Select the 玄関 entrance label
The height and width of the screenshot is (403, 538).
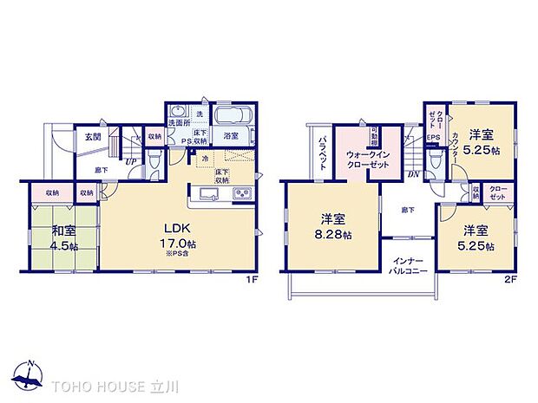pos(92,136)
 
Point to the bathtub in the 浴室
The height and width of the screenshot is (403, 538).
pos(232,116)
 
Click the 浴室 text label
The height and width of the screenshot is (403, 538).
pos(232,136)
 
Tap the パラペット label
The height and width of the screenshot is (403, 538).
pos(321,153)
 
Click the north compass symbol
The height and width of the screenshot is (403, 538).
pos(30,374)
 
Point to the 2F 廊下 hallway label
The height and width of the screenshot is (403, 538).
pos(407,209)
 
